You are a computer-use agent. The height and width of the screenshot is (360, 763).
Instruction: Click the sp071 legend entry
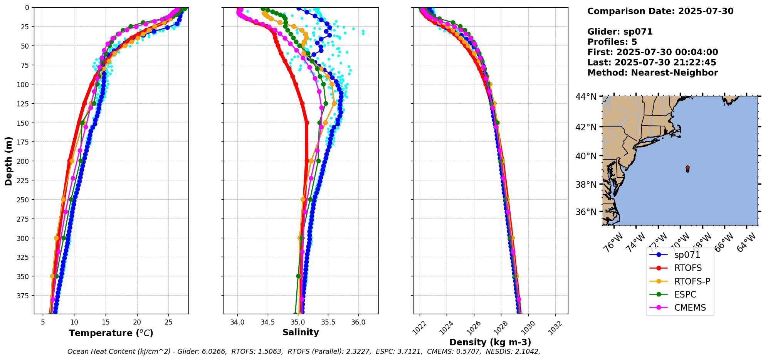click(687, 255)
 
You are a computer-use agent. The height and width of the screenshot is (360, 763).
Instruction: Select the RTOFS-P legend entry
click(692, 281)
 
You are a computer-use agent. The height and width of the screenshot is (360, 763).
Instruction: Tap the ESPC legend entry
click(685, 294)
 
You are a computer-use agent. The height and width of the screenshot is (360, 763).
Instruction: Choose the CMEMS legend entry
click(690, 308)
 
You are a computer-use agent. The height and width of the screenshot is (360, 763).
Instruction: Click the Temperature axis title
click(111, 333)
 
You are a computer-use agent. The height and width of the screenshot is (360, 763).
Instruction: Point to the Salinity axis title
click(301, 332)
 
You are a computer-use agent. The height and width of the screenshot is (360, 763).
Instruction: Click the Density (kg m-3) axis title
click(490, 342)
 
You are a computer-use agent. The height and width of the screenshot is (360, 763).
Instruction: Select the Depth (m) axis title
click(8, 161)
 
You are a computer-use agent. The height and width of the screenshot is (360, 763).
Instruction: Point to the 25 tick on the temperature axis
click(168, 322)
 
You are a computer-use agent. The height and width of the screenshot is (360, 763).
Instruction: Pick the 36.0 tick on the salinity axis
click(358, 322)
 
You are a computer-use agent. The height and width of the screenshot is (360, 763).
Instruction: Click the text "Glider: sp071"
click(620, 32)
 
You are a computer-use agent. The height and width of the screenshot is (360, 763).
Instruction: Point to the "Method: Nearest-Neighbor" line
click(652, 73)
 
